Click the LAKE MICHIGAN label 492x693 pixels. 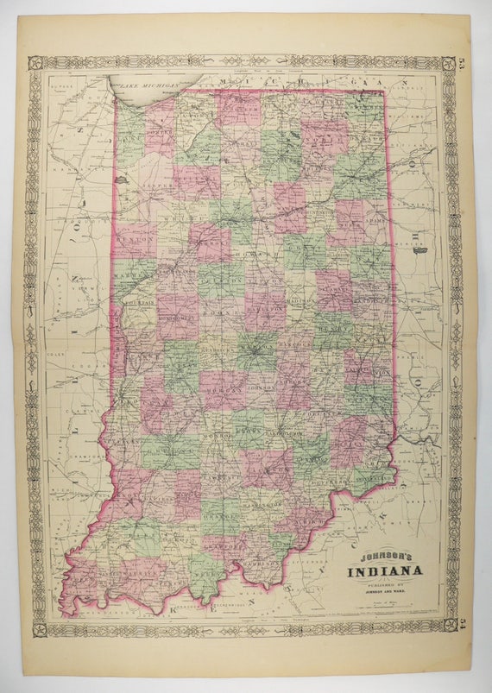[x=148, y=85]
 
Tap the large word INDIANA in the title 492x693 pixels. [x=385, y=570]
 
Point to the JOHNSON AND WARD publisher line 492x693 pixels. [x=385, y=592]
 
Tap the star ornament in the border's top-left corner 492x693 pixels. [x=35, y=62]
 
